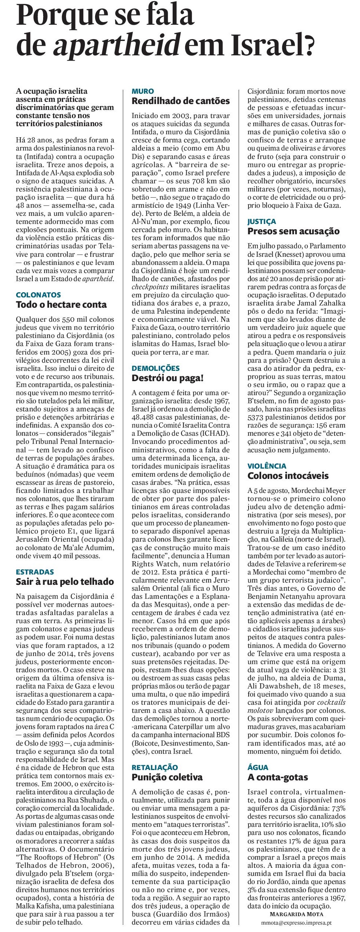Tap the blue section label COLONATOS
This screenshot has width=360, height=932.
coord(38,295)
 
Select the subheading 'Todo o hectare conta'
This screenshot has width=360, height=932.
coord(61,304)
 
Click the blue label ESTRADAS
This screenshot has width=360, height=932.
coord(35,572)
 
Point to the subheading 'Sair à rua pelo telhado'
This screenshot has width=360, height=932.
coord(65,582)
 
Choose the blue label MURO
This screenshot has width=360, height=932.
coord(143,91)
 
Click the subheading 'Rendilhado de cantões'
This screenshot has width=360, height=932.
coord(181,101)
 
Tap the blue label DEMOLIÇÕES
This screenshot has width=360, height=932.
coord(156,368)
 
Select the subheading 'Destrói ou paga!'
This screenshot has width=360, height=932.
coord(168,378)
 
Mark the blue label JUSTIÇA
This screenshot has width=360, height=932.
coord(262,222)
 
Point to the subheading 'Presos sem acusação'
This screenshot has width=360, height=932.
coord(293,231)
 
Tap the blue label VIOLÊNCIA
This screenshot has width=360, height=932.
coord(267,466)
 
